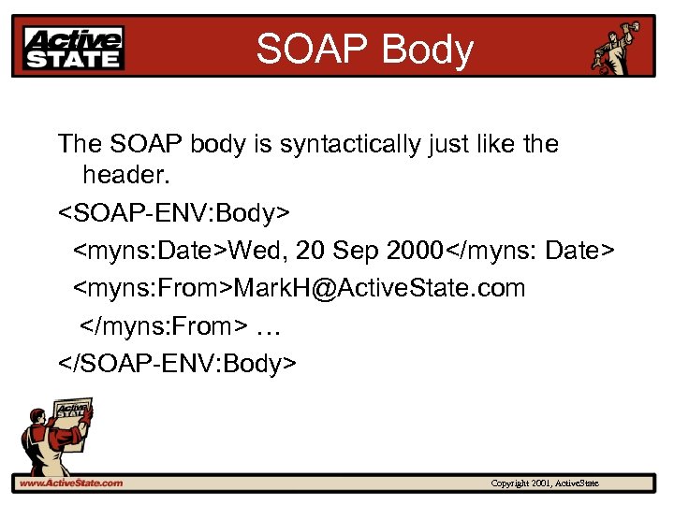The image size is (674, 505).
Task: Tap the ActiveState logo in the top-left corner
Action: tap(74, 48)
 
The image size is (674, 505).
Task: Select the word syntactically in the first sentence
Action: tap(345, 144)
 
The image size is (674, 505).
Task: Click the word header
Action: tap(125, 175)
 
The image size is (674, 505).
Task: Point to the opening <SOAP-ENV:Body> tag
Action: tap(174, 212)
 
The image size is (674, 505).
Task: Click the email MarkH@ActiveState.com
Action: tap(379, 287)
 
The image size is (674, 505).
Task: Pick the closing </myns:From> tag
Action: tap(165, 325)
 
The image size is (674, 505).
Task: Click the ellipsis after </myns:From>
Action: tap(268, 325)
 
